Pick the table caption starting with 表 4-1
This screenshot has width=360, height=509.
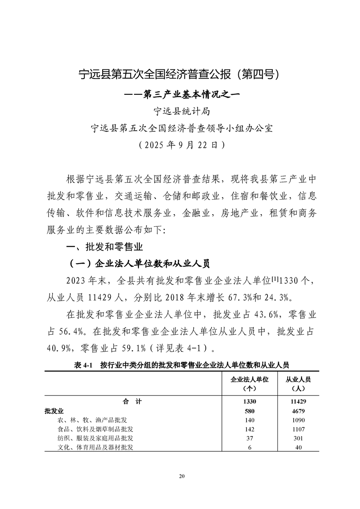(181, 364)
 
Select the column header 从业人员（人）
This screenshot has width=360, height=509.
(298, 383)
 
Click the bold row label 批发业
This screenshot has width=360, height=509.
(54, 411)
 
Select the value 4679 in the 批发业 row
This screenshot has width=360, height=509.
(298, 411)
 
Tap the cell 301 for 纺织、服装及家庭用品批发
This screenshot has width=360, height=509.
(298, 438)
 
